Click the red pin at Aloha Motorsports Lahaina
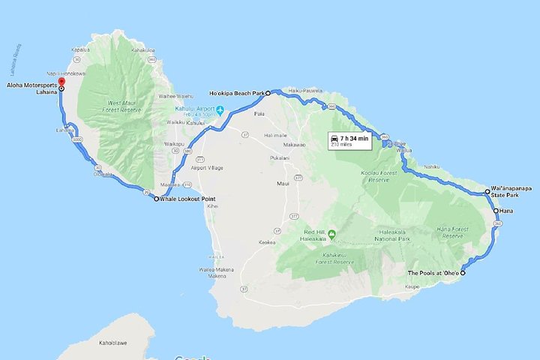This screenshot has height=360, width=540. click(61, 75)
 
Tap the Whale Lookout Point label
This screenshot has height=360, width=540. click(185, 199)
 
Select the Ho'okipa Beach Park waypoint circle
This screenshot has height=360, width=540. click(267, 94)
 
